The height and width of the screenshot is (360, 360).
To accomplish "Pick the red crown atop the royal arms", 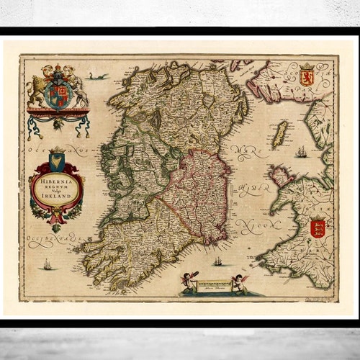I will (58, 70).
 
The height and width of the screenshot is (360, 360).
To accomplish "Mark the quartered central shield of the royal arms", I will (58, 91).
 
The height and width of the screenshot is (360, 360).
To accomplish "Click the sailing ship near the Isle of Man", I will (300, 152).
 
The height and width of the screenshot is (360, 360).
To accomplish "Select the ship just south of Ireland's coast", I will (217, 260).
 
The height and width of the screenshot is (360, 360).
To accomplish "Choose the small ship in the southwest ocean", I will (48, 264).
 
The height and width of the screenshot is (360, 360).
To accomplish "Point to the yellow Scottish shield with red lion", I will (307, 75).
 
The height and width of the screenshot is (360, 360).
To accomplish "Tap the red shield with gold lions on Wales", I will (318, 228).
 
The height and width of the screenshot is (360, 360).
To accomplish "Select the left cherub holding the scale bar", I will (191, 281).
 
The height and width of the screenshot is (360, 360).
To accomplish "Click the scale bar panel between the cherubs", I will (215, 287).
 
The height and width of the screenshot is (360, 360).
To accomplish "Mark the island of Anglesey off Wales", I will (279, 176).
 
